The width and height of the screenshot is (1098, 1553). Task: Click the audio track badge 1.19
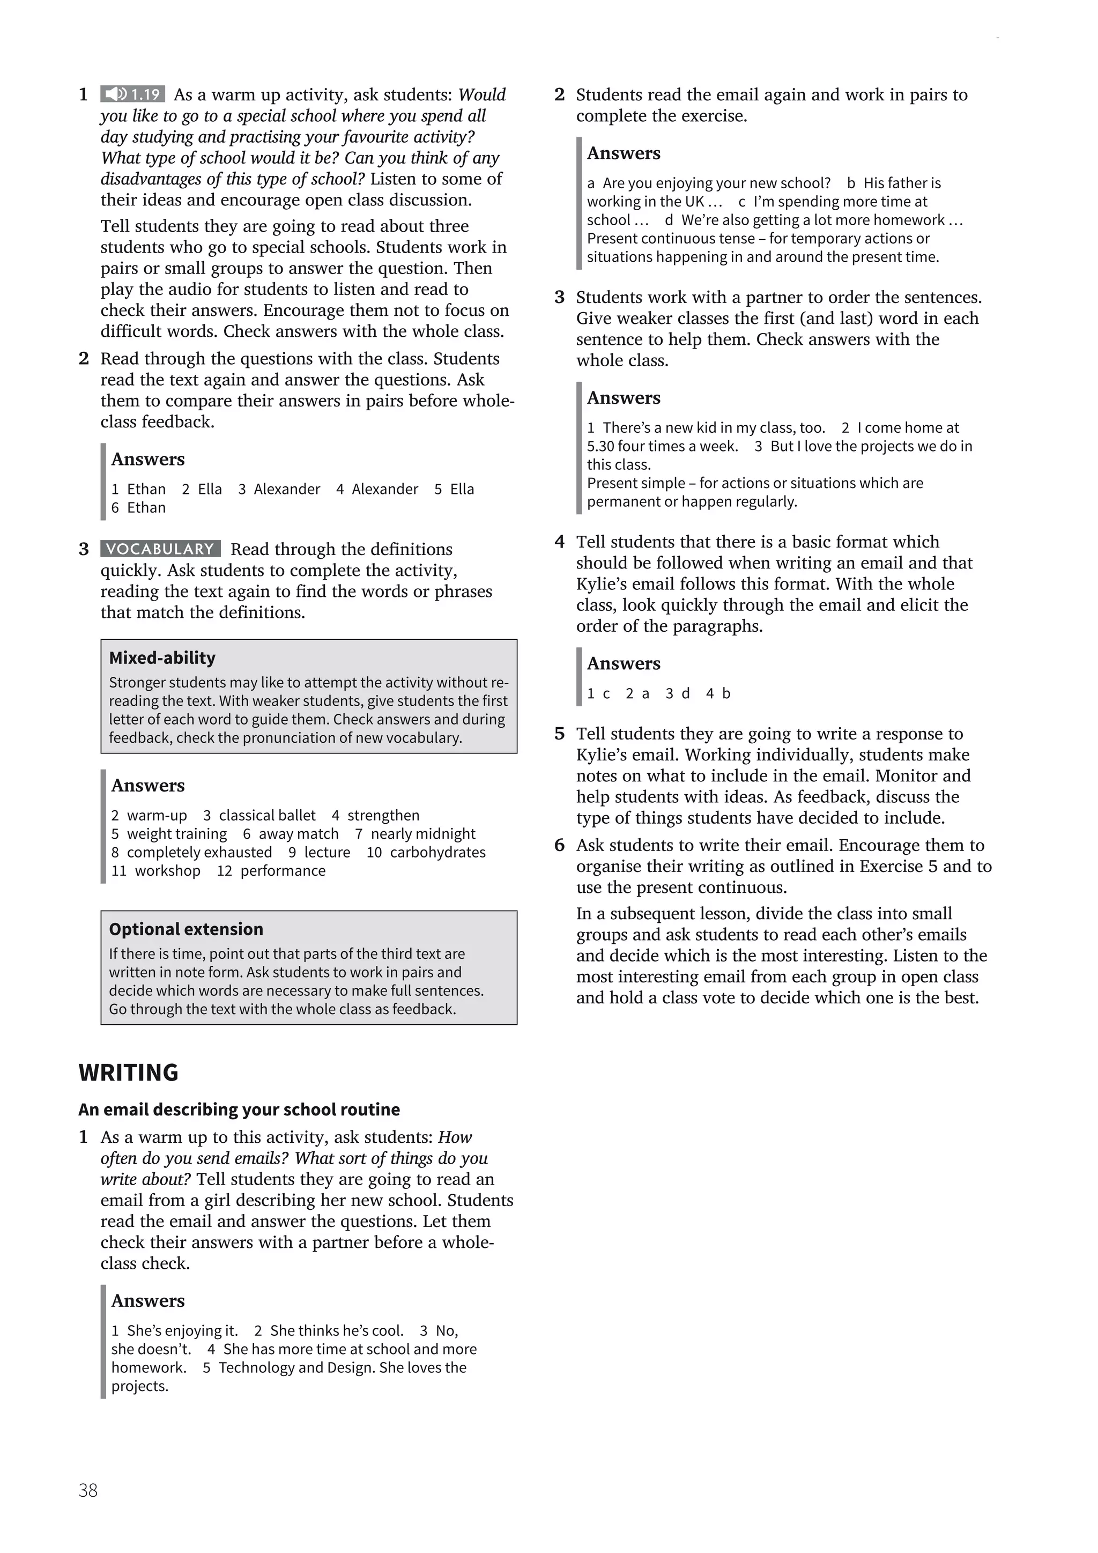click(x=132, y=94)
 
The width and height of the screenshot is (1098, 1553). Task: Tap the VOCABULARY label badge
click(x=160, y=549)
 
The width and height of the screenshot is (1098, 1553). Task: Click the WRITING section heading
click(x=129, y=1073)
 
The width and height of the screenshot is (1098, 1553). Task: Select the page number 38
click(x=88, y=1510)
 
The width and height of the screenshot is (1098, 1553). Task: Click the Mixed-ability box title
click(x=162, y=658)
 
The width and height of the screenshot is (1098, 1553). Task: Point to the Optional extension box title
click(x=186, y=929)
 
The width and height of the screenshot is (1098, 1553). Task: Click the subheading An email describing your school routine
click(x=239, y=1110)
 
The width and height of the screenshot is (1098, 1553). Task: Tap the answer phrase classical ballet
click(x=267, y=815)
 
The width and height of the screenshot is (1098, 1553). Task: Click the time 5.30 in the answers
click(x=600, y=446)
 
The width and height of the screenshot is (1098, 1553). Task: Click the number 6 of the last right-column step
click(x=559, y=846)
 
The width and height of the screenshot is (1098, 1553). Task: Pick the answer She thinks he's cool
click(x=337, y=1330)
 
